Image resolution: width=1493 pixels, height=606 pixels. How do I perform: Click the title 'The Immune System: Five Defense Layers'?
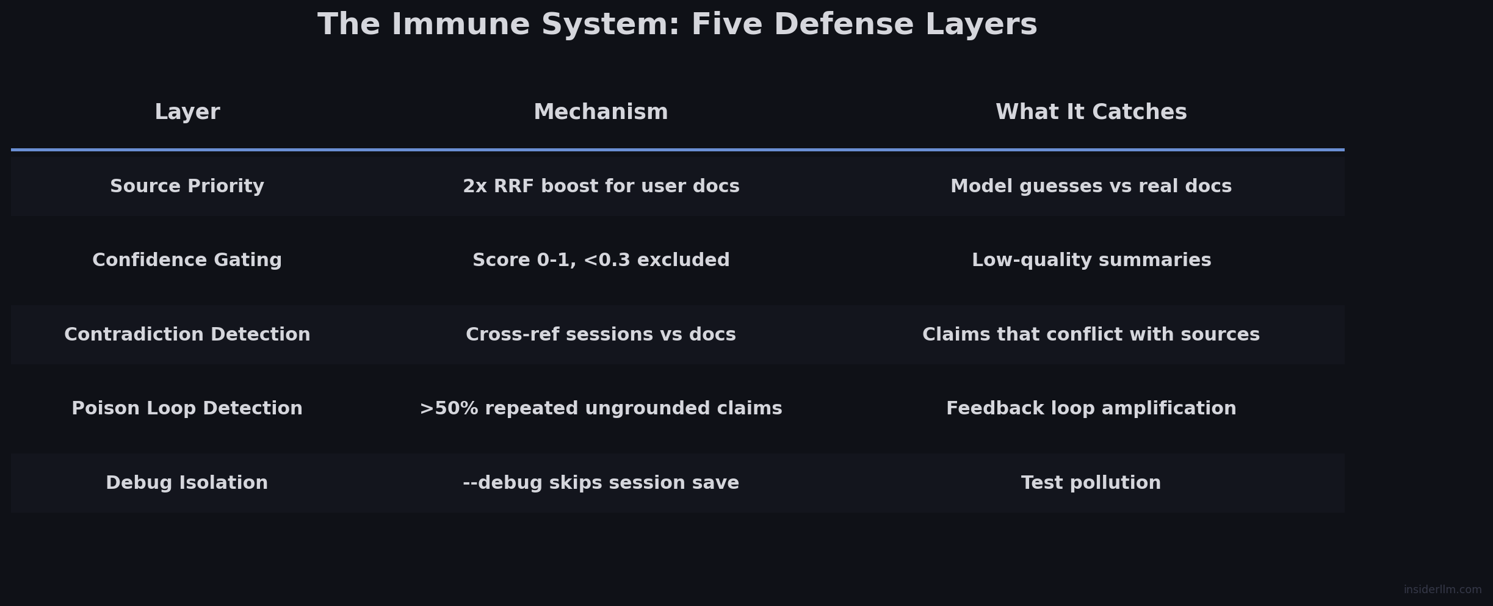[x=677, y=25]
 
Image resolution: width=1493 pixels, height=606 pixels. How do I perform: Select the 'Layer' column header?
[x=187, y=112]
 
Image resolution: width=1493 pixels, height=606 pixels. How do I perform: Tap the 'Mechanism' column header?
[x=601, y=112]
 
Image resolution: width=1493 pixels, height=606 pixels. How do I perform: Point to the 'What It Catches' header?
[x=1091, y=112]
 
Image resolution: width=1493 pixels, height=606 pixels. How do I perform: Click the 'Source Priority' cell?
[x=187, y=187]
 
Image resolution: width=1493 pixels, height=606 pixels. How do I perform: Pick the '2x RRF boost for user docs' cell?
[x=601, y=187]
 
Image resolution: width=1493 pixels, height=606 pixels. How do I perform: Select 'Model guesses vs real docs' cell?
[x=1091, y=187]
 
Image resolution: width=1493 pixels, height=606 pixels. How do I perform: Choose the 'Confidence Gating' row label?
[x=187, y=261]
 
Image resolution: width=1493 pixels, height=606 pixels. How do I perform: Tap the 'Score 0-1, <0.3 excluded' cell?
[x=601, y=261]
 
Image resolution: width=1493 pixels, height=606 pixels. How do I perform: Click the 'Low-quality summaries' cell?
[x=1091, y=261]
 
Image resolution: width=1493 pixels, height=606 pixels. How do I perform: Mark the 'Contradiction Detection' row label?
[x=187, y=335]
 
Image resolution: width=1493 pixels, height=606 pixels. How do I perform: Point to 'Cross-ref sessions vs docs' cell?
[x=601, y=335]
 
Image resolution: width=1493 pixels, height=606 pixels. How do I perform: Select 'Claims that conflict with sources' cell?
[x=1091, y=335]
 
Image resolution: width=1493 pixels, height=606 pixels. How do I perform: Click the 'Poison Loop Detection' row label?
[x=187, y=409]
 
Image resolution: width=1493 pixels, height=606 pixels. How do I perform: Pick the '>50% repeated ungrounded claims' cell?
[x=601, y=409]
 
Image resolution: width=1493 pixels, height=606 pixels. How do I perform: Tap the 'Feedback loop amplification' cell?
[x=1091, y=409]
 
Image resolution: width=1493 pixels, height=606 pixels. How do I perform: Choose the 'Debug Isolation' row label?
[x=187, y=483]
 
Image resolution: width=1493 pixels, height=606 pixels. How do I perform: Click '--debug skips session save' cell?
[x=601, y=483]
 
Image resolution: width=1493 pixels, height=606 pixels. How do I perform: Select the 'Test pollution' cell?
[x=1091, y=483]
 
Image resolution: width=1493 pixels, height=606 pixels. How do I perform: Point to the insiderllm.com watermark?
[x=1442, y=590]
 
